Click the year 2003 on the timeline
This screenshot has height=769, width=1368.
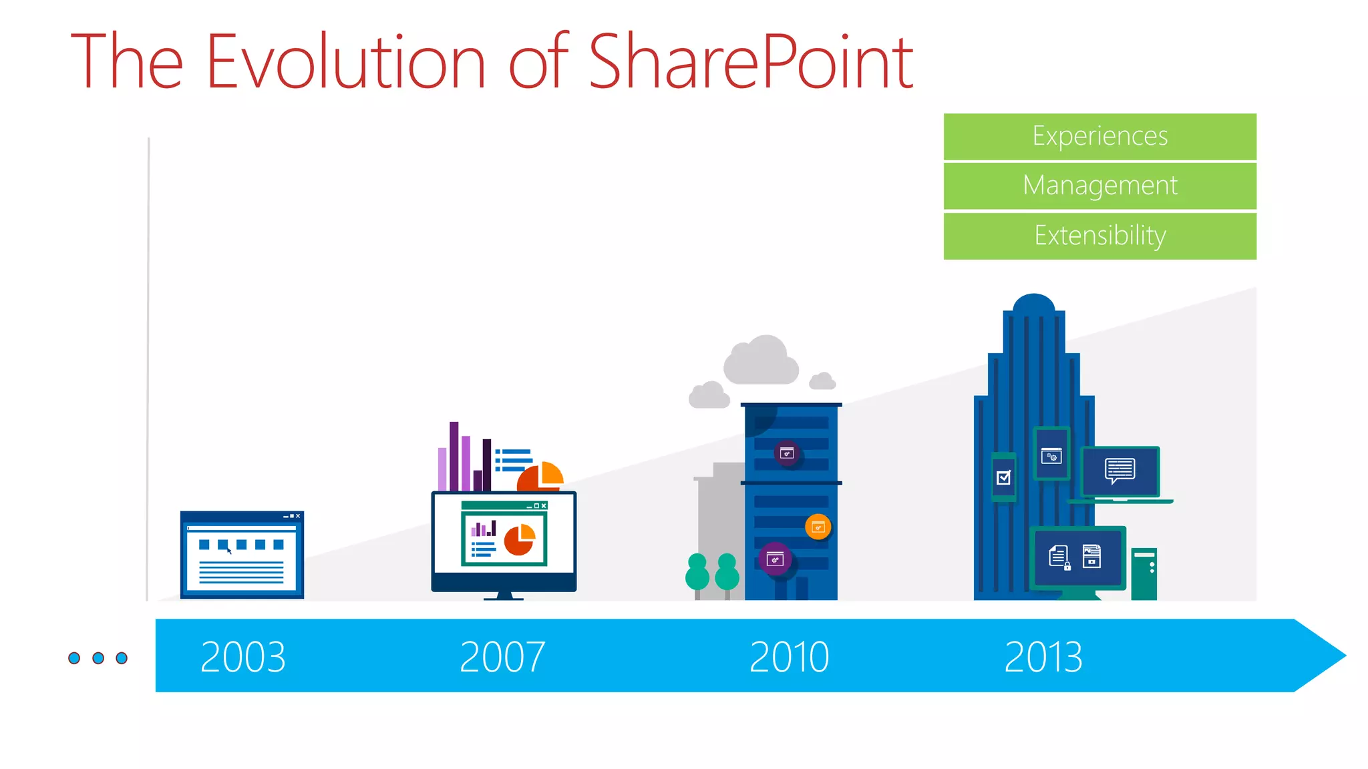tap(243, 657)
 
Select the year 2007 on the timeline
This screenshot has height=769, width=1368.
tap(502, 657)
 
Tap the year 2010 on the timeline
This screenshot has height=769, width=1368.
tap(789, 657)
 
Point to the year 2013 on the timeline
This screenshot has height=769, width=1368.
tap(1043, 657)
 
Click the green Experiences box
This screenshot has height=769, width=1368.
tap(1099, 136)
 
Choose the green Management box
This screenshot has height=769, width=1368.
tap(1099, 186)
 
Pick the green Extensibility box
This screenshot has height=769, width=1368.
tap(1099, 236)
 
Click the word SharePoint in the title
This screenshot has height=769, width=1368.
tap(751, 61)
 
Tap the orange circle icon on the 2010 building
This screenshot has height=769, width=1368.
tap(818, 527)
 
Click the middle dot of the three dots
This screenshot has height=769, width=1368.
tap(98, 658)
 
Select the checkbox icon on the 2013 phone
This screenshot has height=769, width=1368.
tap(1003, 477)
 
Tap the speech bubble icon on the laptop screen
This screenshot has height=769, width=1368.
tap(1120, 470)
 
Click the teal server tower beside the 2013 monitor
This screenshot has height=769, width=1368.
tap(1144, 574)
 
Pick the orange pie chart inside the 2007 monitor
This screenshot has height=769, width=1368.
tap(520, 539)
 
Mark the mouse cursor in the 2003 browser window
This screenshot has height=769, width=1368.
tap(229, 551)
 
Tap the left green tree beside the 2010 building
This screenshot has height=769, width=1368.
tap(697, 573)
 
